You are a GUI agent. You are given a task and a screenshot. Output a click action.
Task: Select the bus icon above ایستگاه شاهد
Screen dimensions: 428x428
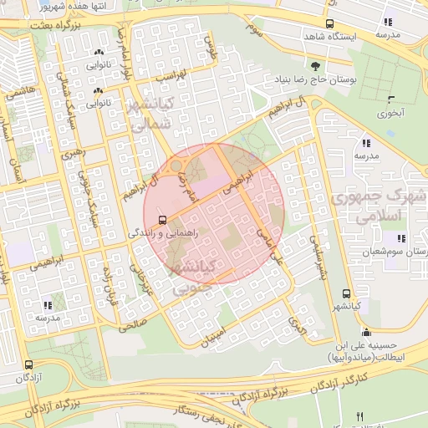329,24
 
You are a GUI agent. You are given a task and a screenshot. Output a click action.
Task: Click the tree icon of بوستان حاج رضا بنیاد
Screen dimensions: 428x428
315,67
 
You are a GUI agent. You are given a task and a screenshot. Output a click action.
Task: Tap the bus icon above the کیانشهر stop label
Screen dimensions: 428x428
346,293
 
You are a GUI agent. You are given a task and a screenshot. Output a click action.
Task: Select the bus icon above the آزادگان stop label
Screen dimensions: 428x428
29,365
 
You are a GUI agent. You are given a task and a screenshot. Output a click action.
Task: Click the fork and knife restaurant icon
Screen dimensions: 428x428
360,416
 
